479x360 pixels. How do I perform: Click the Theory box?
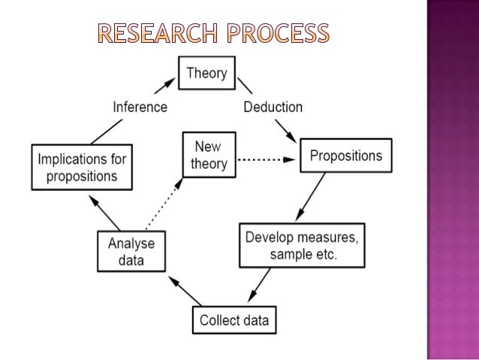click(206, 74)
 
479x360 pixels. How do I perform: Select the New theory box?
click(209, 155)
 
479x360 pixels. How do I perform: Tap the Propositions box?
click(345, 157)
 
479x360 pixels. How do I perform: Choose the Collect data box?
click(233, 321)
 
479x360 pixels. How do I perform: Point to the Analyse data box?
click(131, 252)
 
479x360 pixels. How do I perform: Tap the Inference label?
click(140, 107)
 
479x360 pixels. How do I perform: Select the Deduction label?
click(273, 107)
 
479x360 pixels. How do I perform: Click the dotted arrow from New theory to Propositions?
click(267, 159)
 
